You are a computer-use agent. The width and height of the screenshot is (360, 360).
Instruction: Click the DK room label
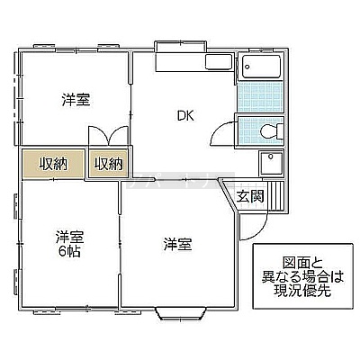185,116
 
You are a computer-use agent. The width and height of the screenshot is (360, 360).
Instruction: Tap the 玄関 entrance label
250,196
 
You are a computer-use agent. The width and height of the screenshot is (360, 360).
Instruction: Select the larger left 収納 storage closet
53,164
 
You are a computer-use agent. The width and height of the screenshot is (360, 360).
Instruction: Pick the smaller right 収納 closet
108,164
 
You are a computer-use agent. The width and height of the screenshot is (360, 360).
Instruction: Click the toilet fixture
271,131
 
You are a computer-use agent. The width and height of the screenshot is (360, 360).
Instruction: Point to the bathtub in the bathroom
261,67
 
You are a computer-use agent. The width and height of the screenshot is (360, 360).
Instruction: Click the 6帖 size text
69,252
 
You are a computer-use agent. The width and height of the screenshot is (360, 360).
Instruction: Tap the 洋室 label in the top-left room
76,100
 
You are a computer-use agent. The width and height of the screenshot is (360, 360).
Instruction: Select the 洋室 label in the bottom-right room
177,245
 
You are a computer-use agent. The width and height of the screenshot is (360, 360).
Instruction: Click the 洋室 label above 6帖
69,237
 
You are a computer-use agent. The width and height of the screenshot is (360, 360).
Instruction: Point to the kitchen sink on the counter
219,62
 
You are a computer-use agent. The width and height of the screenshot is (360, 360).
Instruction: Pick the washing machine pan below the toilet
271,163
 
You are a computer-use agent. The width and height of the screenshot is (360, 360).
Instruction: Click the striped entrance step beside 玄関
275,195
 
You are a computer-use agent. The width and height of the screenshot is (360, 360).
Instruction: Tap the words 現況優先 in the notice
302,290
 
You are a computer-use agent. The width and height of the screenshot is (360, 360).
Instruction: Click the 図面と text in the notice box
302,263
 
